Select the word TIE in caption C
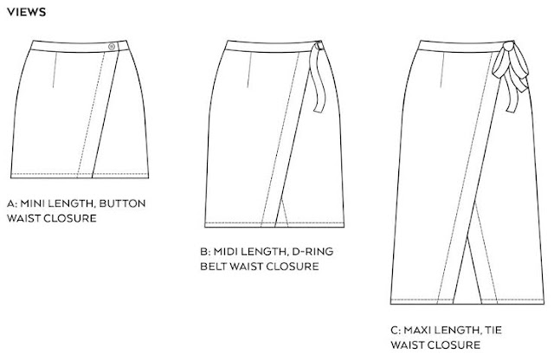click(499, 330)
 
